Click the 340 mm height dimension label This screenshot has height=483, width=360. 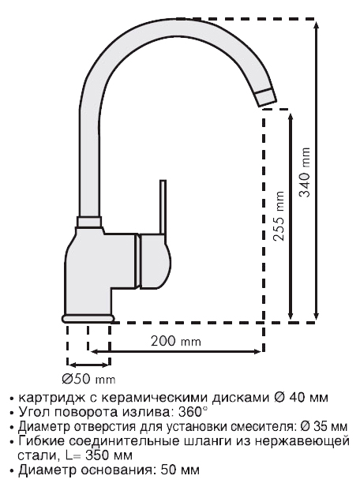306,172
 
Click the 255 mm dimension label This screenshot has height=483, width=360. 279,216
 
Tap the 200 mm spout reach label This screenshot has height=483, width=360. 176,341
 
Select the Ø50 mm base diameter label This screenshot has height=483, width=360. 88,379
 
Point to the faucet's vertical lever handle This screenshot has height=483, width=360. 163,207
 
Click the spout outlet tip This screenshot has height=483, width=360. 266,98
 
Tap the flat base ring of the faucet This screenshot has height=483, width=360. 88,319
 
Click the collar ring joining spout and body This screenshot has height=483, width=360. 88,222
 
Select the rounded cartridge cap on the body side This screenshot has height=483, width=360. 154,261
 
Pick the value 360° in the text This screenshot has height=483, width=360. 189,412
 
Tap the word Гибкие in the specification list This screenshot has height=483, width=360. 41,441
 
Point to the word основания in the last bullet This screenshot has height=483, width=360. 116,470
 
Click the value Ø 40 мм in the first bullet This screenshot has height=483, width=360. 301,398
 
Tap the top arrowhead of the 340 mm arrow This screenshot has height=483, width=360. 316,24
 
